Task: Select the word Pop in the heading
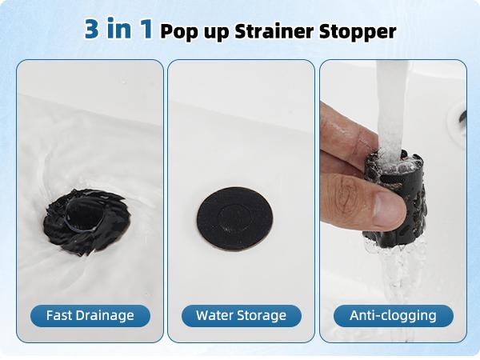pyautogui.click(x=177, y=32)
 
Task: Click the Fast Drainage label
pyautogui.click(x=89, y=315)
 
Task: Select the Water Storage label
pyautogui.click(x=240, y=315)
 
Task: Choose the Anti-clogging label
pyautogui.click(x=392, y=315)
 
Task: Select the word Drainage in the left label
pyautogui.click(x=102, y=315)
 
